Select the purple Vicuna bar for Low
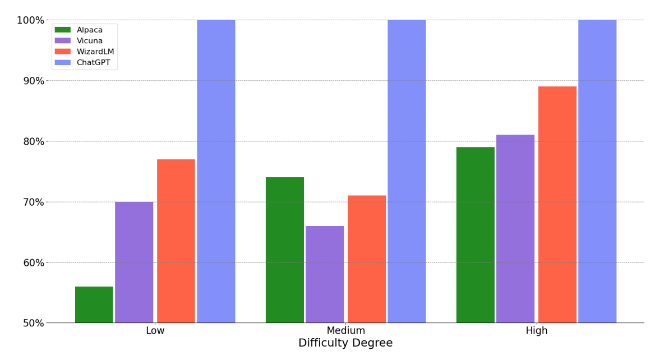134,262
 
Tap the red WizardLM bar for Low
176,241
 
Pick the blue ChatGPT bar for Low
216,171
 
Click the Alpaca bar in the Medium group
285,250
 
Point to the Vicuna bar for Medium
325,274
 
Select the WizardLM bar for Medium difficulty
367,259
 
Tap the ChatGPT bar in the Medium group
407,171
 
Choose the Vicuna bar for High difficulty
515,228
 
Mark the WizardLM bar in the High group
557,204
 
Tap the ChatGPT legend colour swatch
63,63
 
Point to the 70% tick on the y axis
33,202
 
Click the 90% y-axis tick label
33,81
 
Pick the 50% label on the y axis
33,323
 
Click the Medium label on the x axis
345,331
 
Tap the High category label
536,331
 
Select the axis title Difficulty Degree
345,343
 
